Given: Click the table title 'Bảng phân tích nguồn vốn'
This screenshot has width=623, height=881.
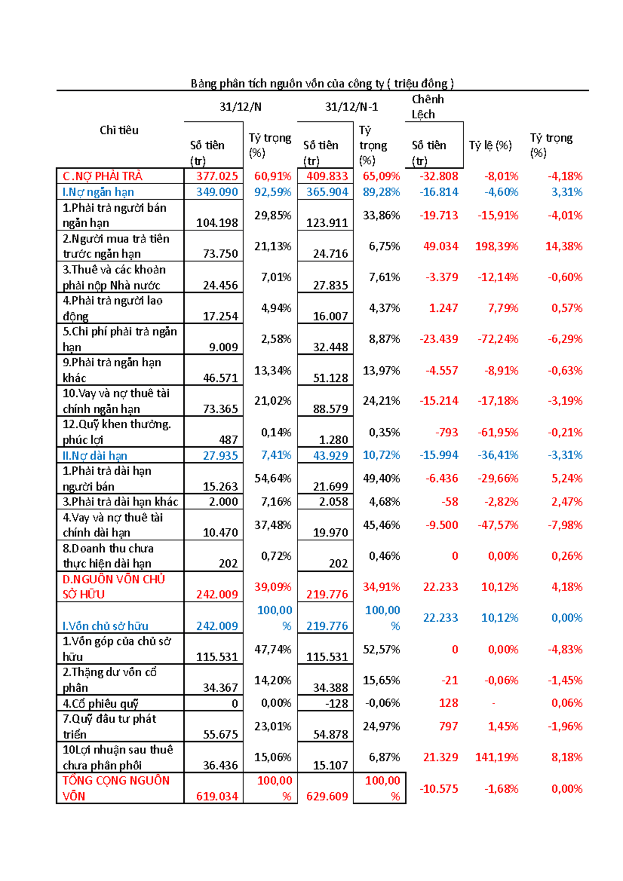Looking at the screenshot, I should pos(322,84).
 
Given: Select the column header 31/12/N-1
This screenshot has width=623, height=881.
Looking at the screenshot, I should pos(351,107).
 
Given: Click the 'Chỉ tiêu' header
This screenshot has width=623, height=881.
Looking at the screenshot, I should pos(119,130).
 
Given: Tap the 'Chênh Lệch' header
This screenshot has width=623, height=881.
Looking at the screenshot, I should pos(427,107).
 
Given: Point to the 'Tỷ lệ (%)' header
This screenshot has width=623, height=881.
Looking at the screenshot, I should pos(490,145).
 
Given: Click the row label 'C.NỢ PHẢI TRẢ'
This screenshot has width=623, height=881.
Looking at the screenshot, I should pos(103,176).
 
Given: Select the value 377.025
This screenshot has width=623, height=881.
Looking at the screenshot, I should pos(216,176).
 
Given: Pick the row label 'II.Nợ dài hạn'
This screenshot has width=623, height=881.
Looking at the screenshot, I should pos(95,456).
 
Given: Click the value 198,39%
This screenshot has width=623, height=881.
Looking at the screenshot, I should pos(496,246).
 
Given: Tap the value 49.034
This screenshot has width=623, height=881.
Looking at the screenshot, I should pos(440,246).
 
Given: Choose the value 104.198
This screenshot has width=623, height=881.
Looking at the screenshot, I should pos(216,223).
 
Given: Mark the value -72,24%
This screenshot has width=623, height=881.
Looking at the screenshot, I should pos(498,339).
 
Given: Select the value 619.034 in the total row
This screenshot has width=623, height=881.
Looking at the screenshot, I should pos(216,796).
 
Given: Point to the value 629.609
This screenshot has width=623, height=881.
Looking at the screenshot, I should pos(327,796).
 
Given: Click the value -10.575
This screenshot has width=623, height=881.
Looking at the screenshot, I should pos(439,789).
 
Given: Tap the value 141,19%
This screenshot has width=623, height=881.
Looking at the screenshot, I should pos(496,758).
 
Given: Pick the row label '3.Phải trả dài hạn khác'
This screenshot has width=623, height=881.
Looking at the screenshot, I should pos(120,502).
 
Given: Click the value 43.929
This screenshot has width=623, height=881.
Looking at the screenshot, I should pos(327,456).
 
